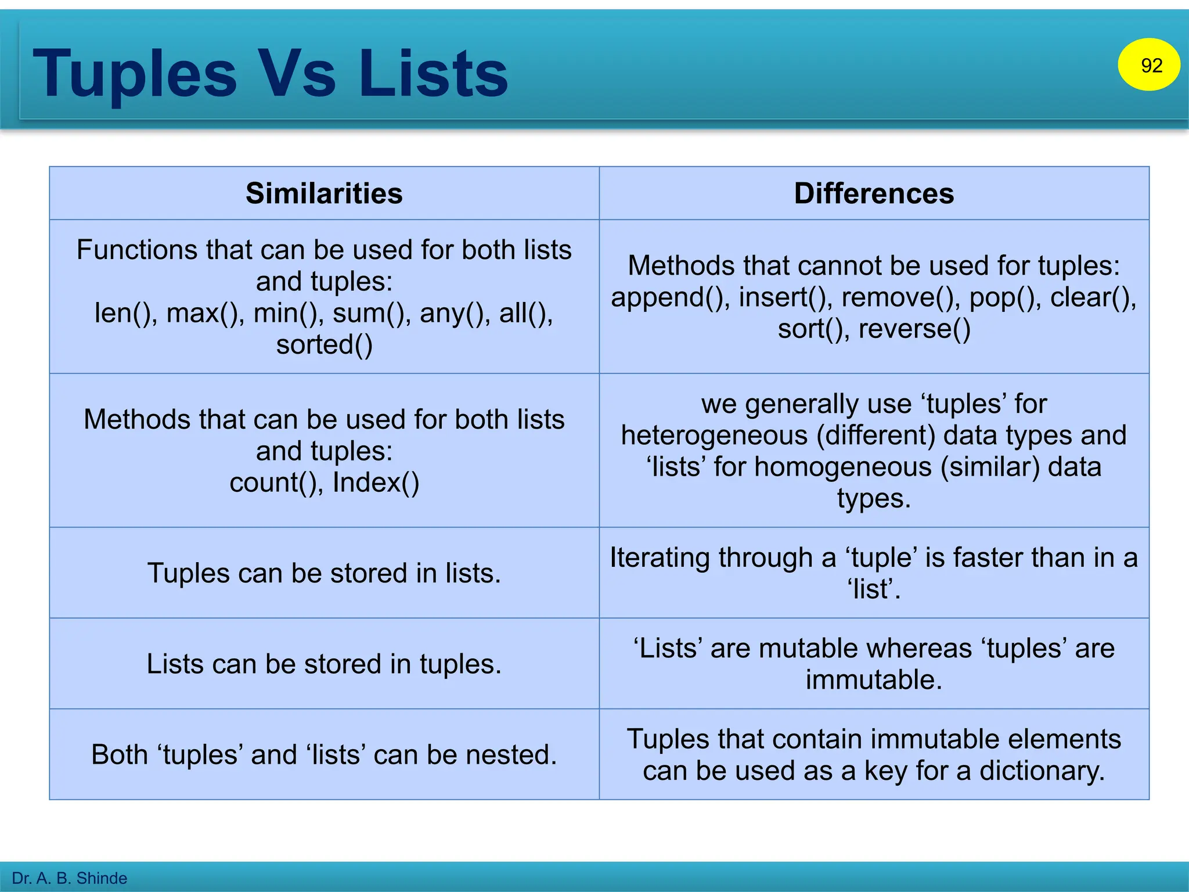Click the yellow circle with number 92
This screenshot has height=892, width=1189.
(x=1148, y=64)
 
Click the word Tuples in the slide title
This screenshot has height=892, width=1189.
(x=135, y=74)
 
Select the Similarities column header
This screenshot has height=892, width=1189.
(x=324, y=193)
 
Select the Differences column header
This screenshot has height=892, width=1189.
(x=874, y=193)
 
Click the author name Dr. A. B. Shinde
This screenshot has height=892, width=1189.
(x=69, y=878)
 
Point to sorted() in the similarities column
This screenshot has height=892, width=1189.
(x=324, y=344)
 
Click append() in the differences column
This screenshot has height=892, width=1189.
(x=669, y=297)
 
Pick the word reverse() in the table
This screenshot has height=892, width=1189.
(x=914, y=329)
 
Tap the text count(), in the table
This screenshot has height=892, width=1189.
(x=276, y=483)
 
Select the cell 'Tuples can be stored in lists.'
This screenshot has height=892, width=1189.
(x=324, y=573)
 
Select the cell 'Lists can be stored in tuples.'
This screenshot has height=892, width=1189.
(x=324, y=664)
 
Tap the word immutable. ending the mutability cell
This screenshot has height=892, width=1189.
(x=874, y=680)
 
